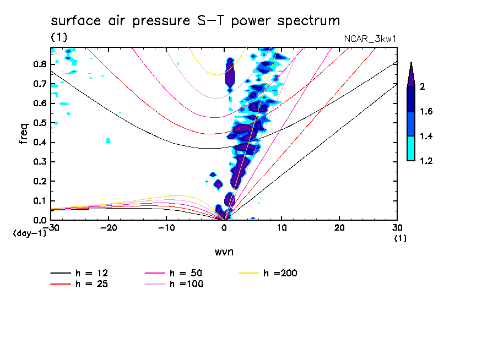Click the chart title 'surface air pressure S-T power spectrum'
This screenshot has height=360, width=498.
196,21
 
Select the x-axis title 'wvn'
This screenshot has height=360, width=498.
224,252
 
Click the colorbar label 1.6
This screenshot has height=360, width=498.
425,112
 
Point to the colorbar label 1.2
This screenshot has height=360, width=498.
425,161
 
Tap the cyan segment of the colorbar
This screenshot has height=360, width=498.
411,149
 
